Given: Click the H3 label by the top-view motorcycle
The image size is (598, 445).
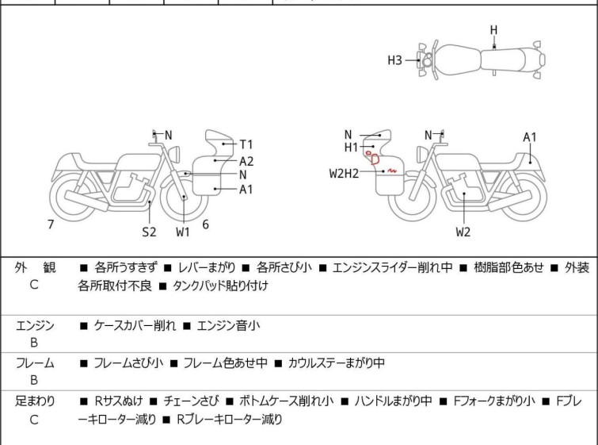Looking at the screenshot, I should point(395,59).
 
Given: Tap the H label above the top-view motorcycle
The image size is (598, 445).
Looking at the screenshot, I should point(493,30).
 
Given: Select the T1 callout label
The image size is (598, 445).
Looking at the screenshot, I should point(246,144).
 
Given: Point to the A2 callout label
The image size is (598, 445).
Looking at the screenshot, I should point(246,161).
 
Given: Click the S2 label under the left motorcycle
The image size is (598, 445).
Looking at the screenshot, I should point(149,232).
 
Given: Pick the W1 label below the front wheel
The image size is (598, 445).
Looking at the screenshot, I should point(183,232).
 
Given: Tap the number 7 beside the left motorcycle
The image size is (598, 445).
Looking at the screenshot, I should point(51,224).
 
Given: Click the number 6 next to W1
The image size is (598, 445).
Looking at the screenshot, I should point(205,224).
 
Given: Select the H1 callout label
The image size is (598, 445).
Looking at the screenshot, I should point(351,148).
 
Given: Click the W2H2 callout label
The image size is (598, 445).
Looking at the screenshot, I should point(345,172).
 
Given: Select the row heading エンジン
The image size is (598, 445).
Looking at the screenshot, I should point(35,325).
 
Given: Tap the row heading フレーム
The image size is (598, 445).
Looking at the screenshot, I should point(35,363).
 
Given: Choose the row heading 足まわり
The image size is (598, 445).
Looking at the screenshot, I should point(35,401).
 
